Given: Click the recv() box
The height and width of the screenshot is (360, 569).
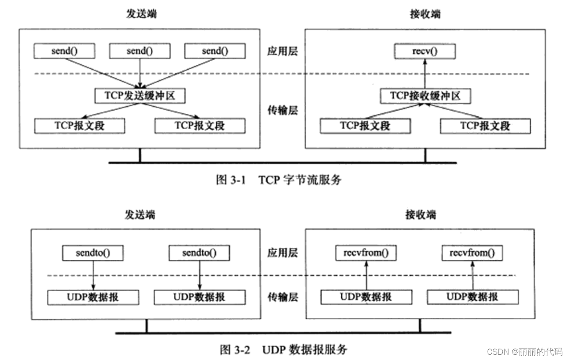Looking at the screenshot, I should click(425, 51).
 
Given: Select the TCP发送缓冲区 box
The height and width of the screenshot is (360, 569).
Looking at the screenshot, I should click(139, 95).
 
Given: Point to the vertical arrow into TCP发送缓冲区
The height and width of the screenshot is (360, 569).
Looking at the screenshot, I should click(139, 73).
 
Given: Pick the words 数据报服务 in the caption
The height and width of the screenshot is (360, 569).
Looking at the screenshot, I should click(318, 350).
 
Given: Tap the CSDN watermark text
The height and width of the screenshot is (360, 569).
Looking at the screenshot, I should click(524, 352).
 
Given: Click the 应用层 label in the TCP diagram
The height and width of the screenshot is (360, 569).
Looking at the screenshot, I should click(283, 51).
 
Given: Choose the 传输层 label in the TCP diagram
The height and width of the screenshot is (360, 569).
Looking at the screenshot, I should click(283, 110).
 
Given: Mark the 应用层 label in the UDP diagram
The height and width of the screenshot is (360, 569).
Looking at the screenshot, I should click(283, 253).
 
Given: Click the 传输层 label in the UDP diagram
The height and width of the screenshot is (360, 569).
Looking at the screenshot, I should click(283, 297).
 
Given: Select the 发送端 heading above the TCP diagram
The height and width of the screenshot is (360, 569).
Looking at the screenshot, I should click(139, 14).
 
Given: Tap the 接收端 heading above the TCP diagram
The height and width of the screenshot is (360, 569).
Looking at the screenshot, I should click(425, 14).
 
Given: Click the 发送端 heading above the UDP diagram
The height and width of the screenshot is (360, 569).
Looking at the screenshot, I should click(139, 215).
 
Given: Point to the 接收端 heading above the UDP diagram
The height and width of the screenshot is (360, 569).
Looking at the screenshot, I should click(420, 215).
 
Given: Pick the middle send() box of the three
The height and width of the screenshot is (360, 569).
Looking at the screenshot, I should click(139, 51).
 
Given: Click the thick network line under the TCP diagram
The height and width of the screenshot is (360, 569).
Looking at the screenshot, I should click(283, 163).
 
